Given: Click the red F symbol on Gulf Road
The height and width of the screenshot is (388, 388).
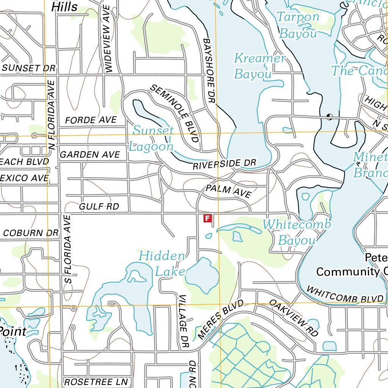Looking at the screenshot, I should tap(207, 218).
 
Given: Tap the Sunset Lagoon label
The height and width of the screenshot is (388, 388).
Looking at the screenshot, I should tap(152, 138).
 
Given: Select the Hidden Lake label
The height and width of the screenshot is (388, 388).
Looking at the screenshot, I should tap(162, 263).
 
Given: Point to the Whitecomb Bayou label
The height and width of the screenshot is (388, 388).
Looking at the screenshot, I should tap(297, 232).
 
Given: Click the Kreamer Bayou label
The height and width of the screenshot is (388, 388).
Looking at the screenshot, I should tap(259, 66).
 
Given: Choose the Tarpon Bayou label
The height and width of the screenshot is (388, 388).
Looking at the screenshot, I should tap(298, 25).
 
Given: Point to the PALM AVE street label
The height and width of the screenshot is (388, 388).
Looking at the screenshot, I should tap(228, 191).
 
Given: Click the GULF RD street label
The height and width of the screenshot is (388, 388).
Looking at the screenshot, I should tap(99, 207).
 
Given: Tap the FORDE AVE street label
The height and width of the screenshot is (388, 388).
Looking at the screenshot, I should tap(91, 120).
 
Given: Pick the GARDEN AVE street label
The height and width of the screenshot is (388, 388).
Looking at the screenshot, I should tap(90, 155).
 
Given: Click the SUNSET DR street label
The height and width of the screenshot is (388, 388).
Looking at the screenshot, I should tap(29, 68).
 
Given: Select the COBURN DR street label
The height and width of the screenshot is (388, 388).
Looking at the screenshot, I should tap(31, 233).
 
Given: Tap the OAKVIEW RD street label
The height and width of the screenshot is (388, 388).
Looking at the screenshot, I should tap(294, 318).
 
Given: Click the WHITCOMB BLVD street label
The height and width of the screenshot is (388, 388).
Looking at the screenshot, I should tap(345, 295).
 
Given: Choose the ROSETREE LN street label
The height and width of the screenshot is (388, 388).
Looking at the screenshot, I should tap(96, 382).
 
